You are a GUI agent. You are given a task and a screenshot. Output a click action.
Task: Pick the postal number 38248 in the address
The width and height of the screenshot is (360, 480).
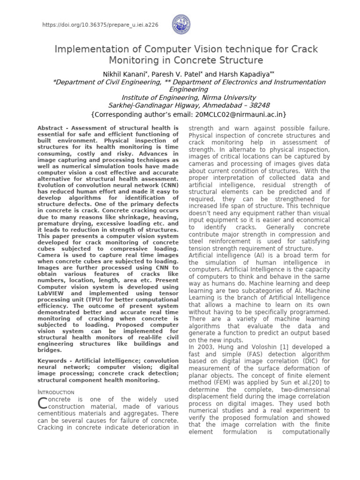257,105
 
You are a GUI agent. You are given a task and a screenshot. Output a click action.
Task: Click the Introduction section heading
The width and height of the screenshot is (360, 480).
55,392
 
